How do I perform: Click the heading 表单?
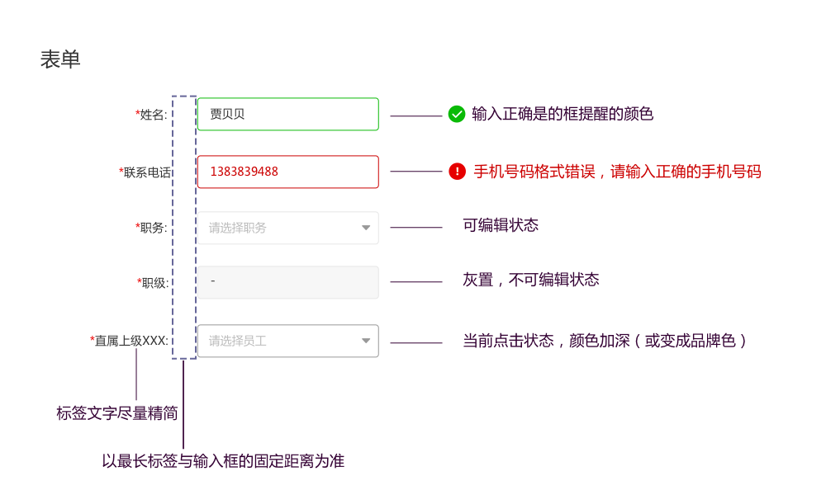coord(60,59)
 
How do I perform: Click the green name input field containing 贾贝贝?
coord(287,114)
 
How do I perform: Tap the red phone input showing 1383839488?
coord(287,172)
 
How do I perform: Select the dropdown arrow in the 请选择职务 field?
coord(366,228)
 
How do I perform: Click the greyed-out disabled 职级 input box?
coord(287,282)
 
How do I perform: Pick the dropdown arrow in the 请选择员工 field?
coord(366,341)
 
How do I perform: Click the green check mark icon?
coord(457,114)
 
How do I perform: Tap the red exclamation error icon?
coord(457,172)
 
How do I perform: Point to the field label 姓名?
coord(153,115)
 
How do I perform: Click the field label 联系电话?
coord(146,172)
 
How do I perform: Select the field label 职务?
coord(153,228)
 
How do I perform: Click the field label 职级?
coord(154,283)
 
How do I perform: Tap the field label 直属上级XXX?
coord(131,341)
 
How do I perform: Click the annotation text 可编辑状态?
coord(501,225)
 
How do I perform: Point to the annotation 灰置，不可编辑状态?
coord(531,280)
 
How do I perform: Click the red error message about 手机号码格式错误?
coord(617,172)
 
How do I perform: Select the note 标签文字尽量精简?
coord(116,413)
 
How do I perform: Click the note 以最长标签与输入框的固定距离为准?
coord(223,461)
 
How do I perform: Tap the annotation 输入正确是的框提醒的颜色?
coord(563,114)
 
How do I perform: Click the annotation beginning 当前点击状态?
coord(605,341)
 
